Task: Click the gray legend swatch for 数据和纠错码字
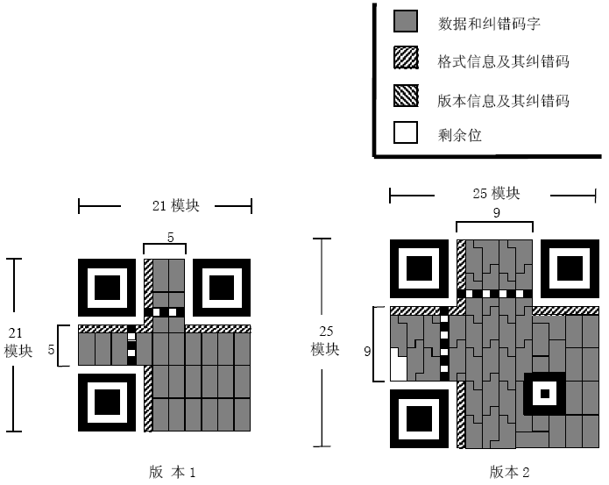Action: click(406, 22)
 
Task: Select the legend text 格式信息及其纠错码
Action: click(503, 61)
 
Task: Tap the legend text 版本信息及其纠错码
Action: click(503, 100)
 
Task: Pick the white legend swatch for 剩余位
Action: click(406, 132)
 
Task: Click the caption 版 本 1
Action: click(172, 472)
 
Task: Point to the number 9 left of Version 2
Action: click(369, 351)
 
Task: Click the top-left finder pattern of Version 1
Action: click(107, 287)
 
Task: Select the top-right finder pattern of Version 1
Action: click(222, 287)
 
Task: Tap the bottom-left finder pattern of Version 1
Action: click(107, 402)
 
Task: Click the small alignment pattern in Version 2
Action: click(543, 394)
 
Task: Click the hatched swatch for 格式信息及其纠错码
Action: click(406, 61)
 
